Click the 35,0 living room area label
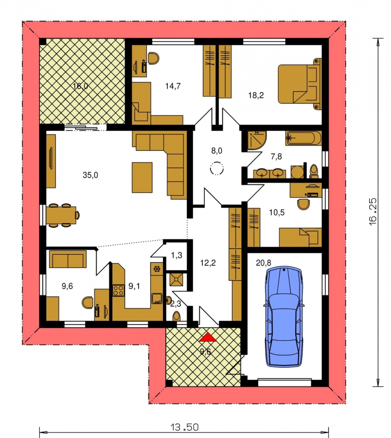(x=90, y=175)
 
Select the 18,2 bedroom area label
(x=256, y=95)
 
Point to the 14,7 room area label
(x=173, y=86)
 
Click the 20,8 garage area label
(x=264, y=263)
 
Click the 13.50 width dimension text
(x=184, y=427)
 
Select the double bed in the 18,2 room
(x=300, y=84)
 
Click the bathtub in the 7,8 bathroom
(x=303, y=138)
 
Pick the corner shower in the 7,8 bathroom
(x=257, y=141)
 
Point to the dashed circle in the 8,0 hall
(x=216, y=168)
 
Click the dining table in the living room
(x=63, y=215)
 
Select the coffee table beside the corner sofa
(x=142, y=177)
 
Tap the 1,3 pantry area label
(x=177, y=255)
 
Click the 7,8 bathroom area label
(x=276, y=156)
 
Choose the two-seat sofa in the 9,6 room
(x=68, y=259)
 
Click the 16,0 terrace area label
(x=80, y=86)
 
